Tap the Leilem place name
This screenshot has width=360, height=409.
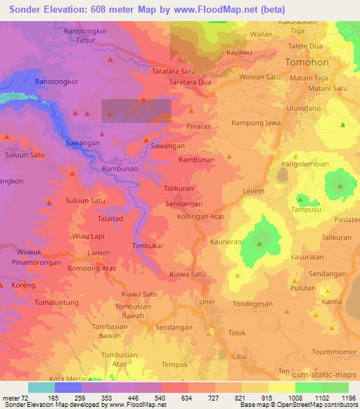252,190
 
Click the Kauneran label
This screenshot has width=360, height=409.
226,241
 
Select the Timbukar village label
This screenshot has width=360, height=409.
148,246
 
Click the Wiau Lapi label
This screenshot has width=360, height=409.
88,236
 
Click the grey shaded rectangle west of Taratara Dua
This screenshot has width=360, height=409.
136,112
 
